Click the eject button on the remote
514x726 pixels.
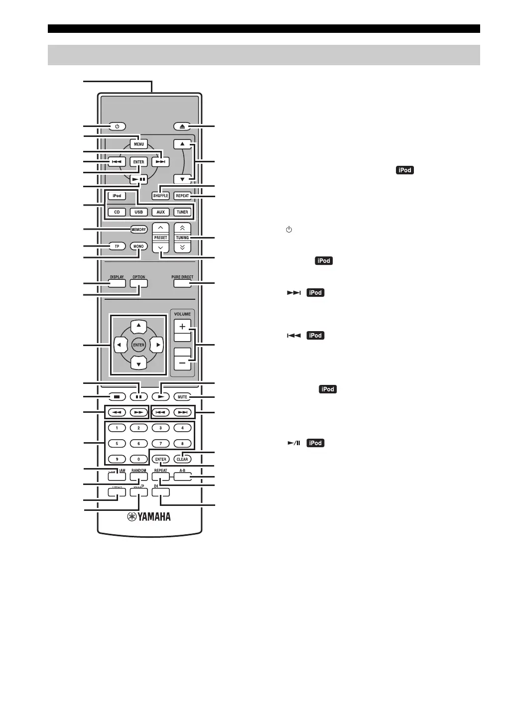click(x=182, y=126)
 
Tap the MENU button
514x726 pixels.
click(x=138, y=144)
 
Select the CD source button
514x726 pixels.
click(x=117, y=212)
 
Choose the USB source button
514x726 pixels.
click(x=138, y=212)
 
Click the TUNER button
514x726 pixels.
click(x=182, y=212)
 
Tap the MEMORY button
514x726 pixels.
click(x=138, y=230)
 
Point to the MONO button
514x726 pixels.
click(x=138, y=246)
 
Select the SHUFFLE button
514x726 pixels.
click(x=160, y=196)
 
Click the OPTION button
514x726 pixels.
click(x=139, y=283)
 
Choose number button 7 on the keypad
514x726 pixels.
click(x=160, y=443)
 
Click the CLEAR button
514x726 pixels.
click(x=182, y=459)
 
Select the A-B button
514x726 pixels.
click(x=182, y=477)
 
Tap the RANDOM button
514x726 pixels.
click(x=139, y=477)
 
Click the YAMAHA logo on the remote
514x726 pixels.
click(x=149, y=517)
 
